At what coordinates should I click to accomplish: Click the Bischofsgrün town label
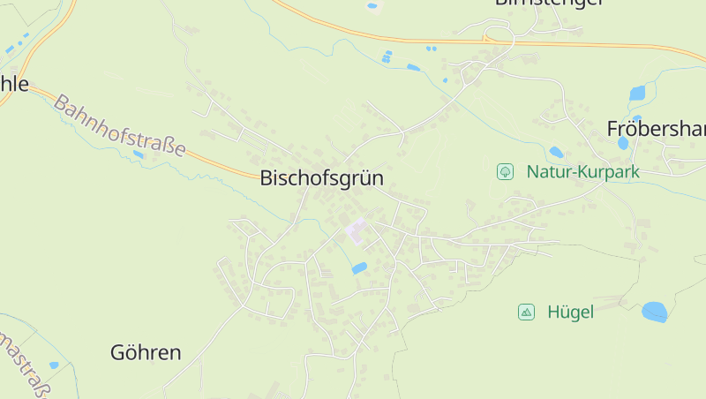point(322,178)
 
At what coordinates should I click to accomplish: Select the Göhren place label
point(146,353)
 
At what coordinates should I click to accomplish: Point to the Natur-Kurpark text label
point(582,172)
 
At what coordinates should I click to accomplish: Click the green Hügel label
point(570,312)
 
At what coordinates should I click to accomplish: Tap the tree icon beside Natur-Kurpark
point(505,171)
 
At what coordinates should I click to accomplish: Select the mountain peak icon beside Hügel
point(526,312)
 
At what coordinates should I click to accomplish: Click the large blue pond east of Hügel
point(654,312)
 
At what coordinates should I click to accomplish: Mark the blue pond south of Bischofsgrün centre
point(359,267)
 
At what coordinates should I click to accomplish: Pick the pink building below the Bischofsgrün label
point(357,231)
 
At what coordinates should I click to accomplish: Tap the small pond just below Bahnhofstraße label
point(138,154)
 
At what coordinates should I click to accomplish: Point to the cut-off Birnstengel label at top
point(548,3)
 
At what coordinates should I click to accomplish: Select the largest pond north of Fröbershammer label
point(637,93)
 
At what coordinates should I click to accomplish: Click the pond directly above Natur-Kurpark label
point(556,152)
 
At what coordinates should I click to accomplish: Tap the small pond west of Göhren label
point(54,365)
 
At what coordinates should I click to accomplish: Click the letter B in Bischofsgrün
point(267,178)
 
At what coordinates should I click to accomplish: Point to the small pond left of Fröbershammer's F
point(623,142)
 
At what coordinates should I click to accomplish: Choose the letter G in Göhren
point(118,353)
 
